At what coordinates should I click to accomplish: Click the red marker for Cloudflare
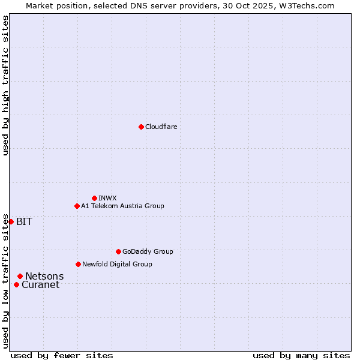141,127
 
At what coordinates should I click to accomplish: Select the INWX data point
94,198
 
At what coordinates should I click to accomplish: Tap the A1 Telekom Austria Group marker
77,206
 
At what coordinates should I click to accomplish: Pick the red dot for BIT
11,221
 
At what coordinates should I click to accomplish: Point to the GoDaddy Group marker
118,251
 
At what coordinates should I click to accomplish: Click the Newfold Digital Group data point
78,264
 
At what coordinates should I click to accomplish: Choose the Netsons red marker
20,276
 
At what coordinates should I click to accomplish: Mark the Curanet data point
16,284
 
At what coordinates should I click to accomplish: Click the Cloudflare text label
161,127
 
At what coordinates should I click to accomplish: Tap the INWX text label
107,198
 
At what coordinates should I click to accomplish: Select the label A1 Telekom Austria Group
122,206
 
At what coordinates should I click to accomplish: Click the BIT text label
24,221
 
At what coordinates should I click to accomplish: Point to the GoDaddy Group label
148,251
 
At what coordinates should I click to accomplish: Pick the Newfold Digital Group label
117,264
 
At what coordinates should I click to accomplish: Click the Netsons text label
44,276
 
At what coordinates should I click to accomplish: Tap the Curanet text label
40,285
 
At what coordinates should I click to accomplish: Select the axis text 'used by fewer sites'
62,355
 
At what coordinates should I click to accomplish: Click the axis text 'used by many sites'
301,355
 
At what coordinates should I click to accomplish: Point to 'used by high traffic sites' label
5,85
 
